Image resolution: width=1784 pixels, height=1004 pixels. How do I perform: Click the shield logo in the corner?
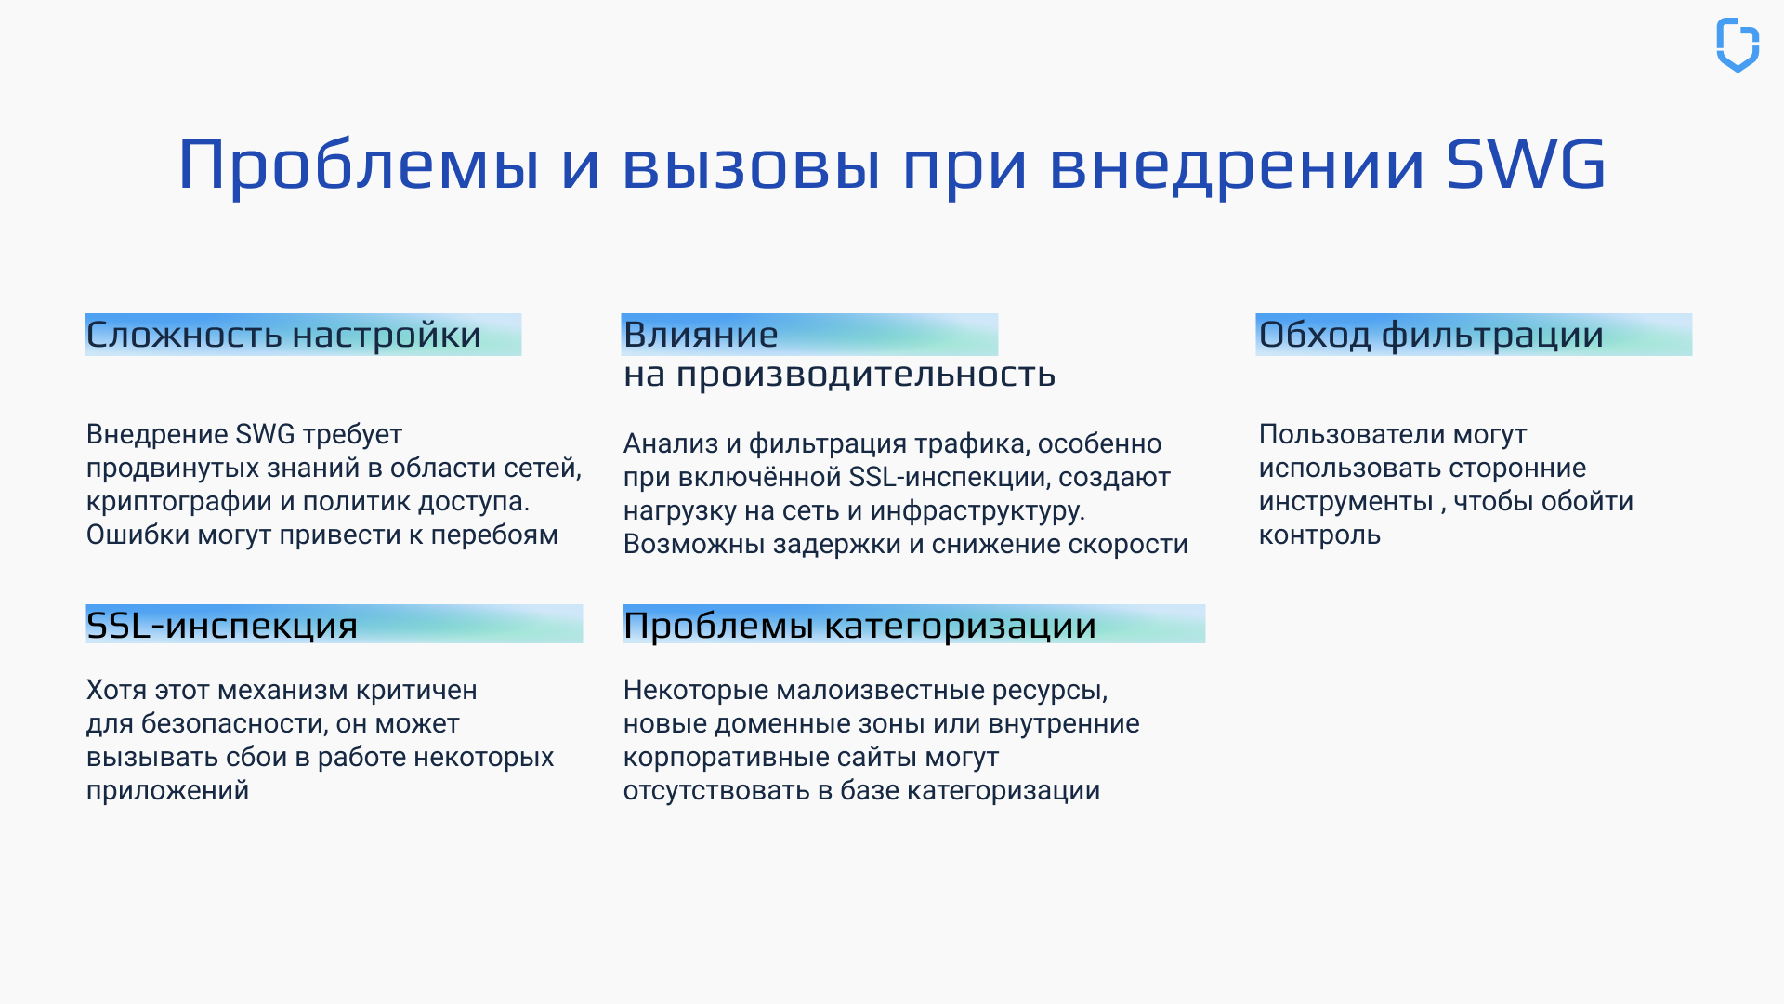[1737, 45]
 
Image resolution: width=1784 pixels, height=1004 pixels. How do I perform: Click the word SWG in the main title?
[1526, 165]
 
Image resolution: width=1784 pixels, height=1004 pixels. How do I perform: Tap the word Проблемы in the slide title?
[359, 165]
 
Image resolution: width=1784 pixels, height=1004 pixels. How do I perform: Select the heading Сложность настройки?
[284, 335]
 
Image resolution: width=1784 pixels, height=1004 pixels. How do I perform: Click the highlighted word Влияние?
[701, 335]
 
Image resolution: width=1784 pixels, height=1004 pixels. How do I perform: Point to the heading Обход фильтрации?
[1431, 335]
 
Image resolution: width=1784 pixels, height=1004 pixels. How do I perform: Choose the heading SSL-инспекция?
[222, 625]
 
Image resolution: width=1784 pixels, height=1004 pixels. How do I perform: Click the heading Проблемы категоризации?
[859, 625]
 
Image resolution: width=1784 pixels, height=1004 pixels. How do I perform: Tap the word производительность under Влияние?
[865, 375]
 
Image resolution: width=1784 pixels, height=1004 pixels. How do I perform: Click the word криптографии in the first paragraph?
[179, 502]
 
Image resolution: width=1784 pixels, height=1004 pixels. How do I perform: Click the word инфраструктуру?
[977, 511]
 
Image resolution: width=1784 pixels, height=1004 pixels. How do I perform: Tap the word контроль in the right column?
[1319, 535]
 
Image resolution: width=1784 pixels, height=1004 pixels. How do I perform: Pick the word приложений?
[167, 791]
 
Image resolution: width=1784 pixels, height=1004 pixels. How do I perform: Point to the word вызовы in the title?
[751, 165]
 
